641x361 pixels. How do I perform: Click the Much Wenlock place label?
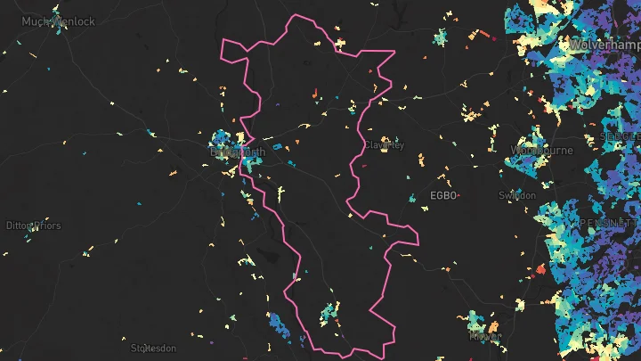pyautogui.click(x=59, y=21)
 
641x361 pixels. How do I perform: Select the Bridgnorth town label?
pyautogui.click(x=237, y=152)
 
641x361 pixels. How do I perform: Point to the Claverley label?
pyautogui.click(x=384, y=145)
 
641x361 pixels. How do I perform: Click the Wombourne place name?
pyautogui.click(x=541, y=151)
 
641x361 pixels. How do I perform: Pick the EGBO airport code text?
pyautogui.click(x=442, y=195)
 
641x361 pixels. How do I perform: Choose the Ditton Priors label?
pyautogui.click(x=34, y=226)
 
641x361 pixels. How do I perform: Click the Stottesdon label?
pyautogui.click(x=154, y=348)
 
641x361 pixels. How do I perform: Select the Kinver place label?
pyautogui.click(x=485, y=337)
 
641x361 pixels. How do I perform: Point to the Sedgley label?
pyautogui.click(x=621, y=136)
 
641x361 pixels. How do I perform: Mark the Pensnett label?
pyautogui.click(x=611, y=221)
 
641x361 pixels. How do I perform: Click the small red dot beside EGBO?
pyautogui.click(x=459, y=195)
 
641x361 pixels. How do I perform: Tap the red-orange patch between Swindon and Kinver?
pyautogui.click(x=540, y=269)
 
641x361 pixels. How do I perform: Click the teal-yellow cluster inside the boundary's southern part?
pyautogui.click(x=329, y=313)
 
